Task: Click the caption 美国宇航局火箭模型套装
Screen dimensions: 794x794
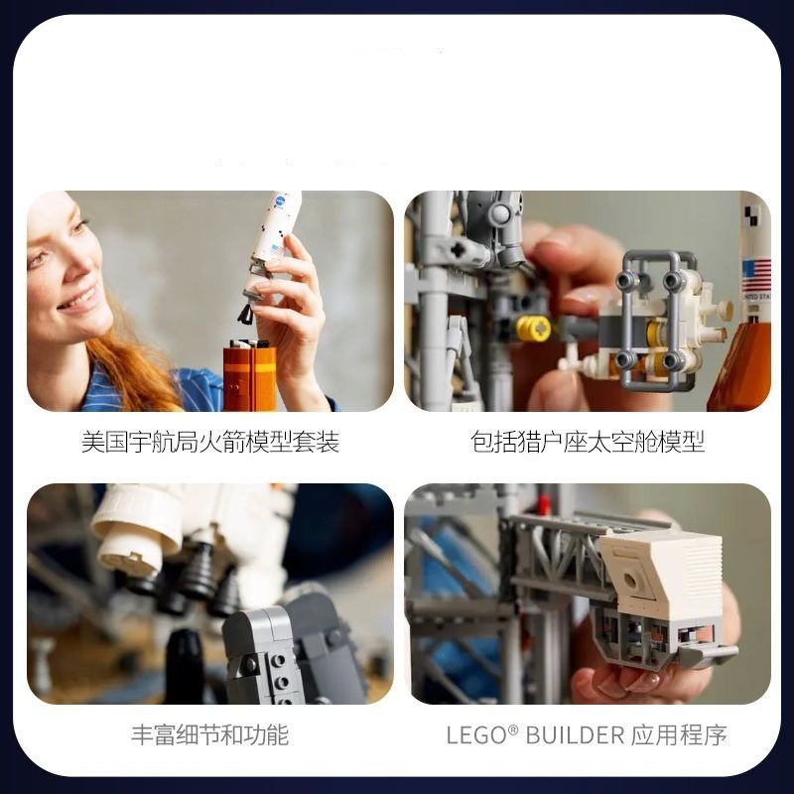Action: pos(210,442)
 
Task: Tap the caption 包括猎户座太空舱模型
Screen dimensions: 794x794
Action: pos(588,442)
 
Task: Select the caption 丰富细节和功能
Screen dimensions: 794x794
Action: pos(210,734)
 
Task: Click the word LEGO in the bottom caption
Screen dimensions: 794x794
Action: pos(476,735)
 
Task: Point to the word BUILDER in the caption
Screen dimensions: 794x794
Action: pos(575,735)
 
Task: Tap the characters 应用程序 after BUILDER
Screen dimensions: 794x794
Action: pos(679,734)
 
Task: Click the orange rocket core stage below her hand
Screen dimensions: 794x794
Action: pos(250,376)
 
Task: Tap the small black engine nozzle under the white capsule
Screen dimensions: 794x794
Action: pos(247,313)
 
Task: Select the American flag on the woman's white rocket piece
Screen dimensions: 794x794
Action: pos(276,250)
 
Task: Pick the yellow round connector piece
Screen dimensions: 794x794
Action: pos(534,329)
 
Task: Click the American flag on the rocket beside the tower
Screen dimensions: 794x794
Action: pos(756,276)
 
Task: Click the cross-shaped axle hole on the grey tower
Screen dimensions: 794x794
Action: pos(459,250)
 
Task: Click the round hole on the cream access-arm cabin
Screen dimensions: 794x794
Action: pos(630,580)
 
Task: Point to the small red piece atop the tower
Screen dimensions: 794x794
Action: pos(542,504)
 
